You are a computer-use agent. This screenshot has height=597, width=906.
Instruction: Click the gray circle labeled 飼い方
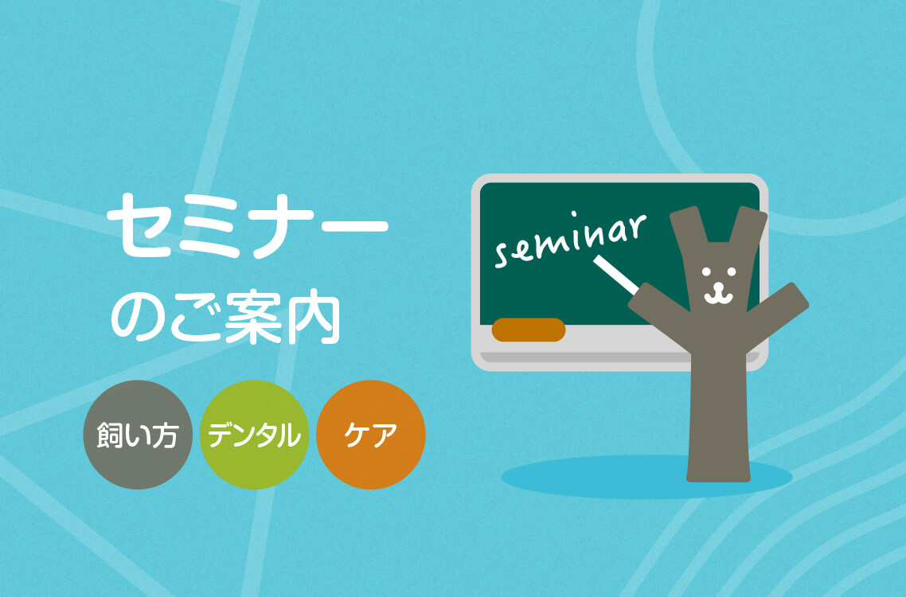[138, 435]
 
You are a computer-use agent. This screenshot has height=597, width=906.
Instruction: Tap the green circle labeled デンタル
[254, 435]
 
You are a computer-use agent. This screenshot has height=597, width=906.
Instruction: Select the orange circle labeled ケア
[371, 435]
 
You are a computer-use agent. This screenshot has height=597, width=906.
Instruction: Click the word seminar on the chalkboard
[570, 240]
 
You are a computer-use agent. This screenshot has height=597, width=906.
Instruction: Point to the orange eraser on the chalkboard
[528, 330]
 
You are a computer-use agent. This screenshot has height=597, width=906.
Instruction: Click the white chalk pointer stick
[616, 274]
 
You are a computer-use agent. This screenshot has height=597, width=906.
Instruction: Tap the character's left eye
[706, 271]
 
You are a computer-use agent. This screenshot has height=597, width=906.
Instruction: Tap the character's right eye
[732, 271]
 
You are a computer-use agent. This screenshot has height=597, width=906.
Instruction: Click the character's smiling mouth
[718, 294]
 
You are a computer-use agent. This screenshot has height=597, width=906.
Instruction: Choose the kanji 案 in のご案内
[253, 317]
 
